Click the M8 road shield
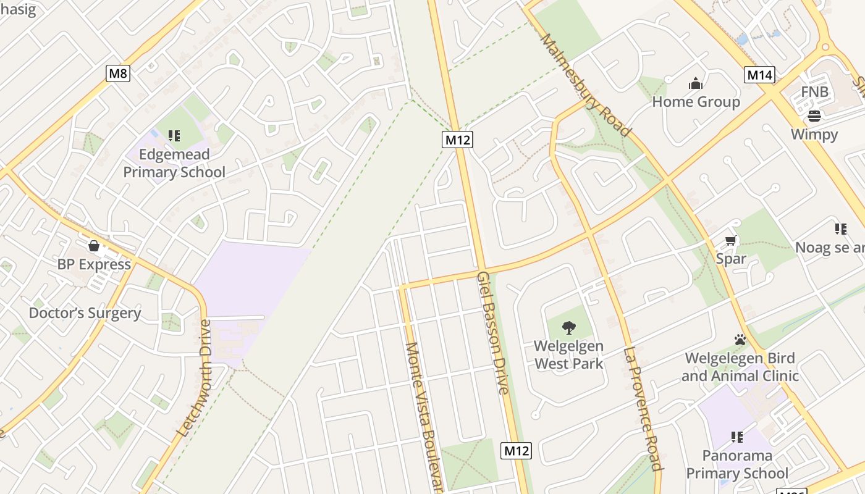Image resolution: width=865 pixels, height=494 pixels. click(117, 74)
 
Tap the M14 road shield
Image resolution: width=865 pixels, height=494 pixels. click(759, 75)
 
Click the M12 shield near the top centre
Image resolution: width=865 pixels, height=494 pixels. click(458, 140)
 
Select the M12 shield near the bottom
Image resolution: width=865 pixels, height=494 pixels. click(516, 451)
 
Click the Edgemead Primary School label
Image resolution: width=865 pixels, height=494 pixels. click(174, 163)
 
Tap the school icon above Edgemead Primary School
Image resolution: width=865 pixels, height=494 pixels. click(174, 135)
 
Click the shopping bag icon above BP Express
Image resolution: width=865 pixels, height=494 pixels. click(94, 246)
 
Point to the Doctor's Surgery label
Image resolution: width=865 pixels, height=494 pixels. click(85, 313)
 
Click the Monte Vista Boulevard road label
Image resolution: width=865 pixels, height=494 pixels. click(424, 417)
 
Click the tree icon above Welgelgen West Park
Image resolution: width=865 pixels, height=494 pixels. click(569, 328)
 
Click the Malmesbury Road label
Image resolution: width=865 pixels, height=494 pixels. click(584, 85)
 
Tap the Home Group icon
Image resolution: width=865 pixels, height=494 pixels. click(696, 83)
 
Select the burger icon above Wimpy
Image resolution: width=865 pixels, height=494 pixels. click(814, 116)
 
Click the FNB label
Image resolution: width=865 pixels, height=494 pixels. click(814, 92)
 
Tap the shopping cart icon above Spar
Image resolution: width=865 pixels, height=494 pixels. click(731, 241)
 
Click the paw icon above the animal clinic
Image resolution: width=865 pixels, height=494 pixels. click(740, 340)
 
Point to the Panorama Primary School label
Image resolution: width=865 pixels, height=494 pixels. click(737, 464)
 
